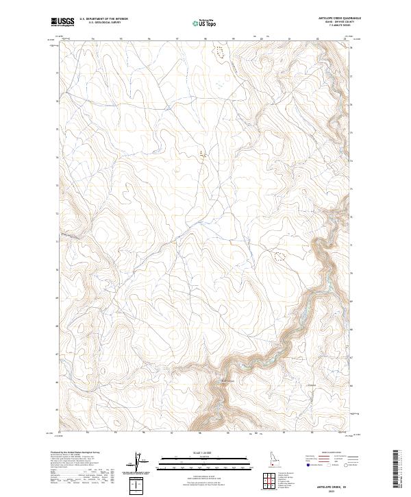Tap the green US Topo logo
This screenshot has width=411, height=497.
pos(199,23)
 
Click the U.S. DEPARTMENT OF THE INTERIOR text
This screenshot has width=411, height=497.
pos(103,19)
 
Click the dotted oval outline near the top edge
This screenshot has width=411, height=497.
pos(220,51)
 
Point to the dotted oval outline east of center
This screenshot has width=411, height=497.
pos(279,258)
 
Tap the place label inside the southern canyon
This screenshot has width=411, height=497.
pos(227,381)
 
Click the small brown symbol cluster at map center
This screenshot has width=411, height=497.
pos(201,154)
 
